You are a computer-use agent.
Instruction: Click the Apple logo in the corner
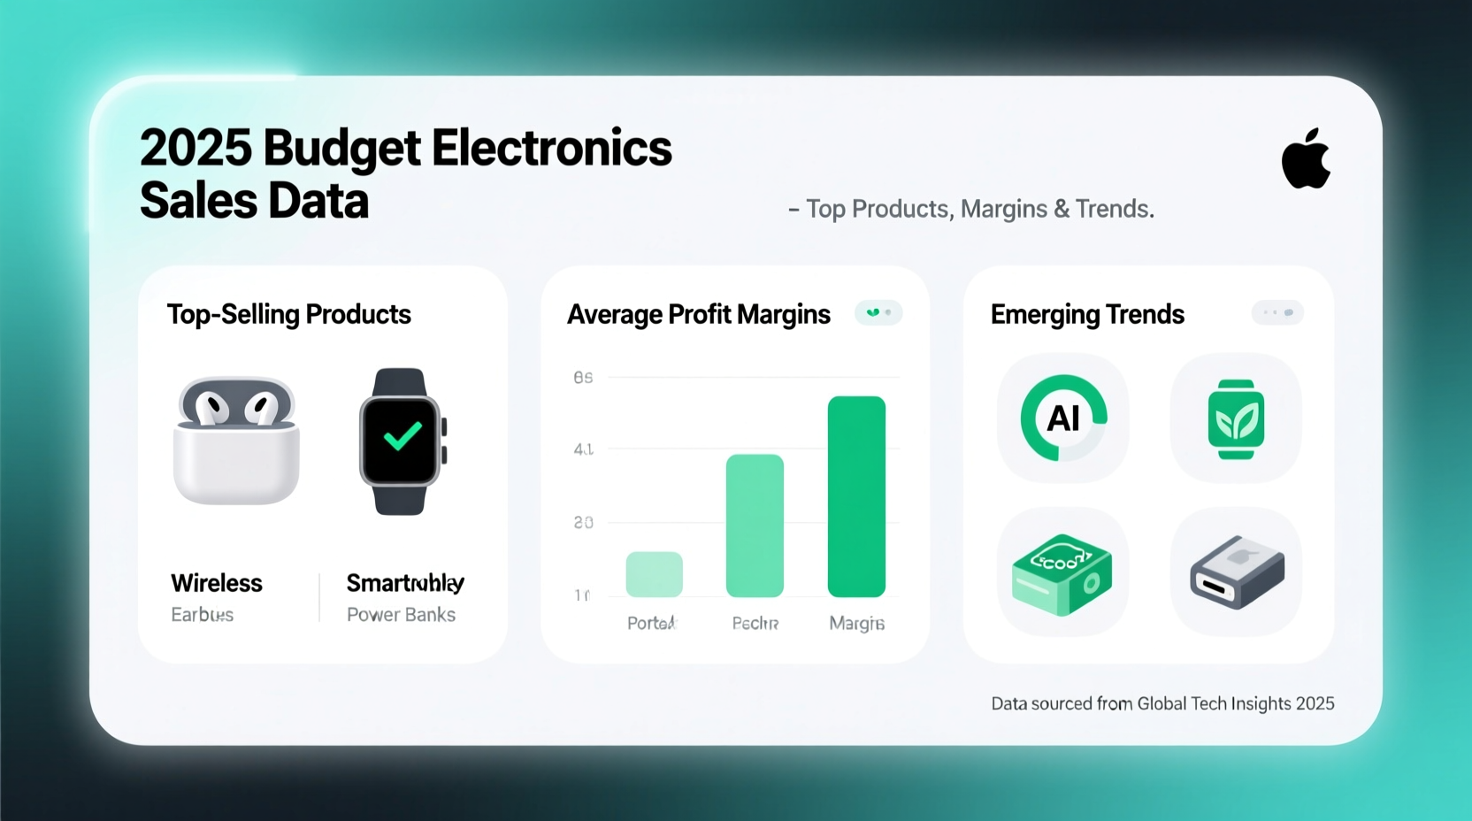(x=1306, y=159)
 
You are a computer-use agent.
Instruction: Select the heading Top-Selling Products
(x=288, y=314)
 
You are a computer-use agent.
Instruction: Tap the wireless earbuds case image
(x=236, y=441)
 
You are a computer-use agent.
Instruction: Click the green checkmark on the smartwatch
(x=402, y=435)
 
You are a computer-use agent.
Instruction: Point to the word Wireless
(x=217, y=583)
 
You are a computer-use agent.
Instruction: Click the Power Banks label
(x=401, y=615)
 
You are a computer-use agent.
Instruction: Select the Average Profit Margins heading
(x=698, y=314)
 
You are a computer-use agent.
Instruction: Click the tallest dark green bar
(x=856, y=496)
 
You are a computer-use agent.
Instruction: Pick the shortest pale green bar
(x=654, y=574)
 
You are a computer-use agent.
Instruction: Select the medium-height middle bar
(x=755, y=526)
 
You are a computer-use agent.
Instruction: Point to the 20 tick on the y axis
(x=583, y=523)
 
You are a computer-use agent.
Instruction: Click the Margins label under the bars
(x=856, y=624)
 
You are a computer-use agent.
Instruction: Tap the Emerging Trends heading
(x=1087, y=314)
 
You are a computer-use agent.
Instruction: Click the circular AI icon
(x=1063, y=418)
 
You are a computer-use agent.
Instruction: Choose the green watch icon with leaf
(x=1236, y=419)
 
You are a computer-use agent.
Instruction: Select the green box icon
(x=1062, y=573)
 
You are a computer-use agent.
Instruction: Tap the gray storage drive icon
(x=1236, y=572)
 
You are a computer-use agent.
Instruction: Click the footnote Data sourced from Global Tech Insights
(x=1162, y=703)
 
